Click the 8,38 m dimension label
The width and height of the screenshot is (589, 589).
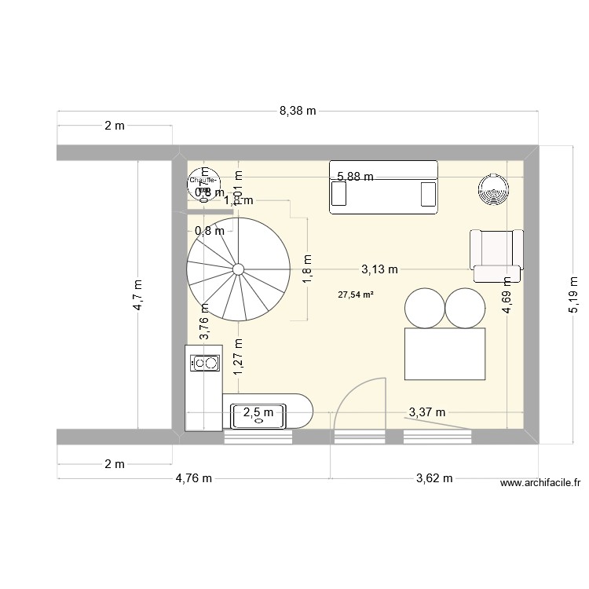(298, 111)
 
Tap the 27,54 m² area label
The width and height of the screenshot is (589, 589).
(356, 295)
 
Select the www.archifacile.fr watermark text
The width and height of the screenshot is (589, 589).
(540, 485)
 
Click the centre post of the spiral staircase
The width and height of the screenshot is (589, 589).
(237, 269)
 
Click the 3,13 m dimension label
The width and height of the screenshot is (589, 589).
(379, 269)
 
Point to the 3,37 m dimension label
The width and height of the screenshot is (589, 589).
(426, 412)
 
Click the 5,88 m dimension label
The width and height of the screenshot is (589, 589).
(355, 177)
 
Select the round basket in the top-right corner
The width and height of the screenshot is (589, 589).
(494, 188)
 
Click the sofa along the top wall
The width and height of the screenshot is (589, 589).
(382, 187)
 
